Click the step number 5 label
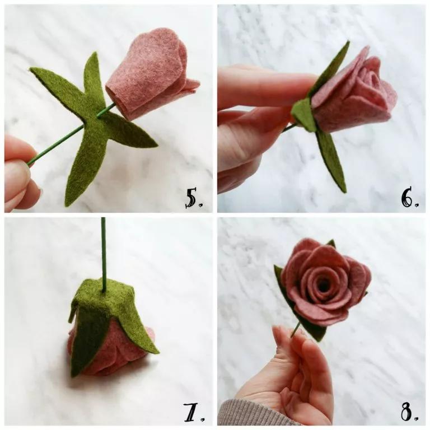(195, 197)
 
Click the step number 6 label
(409, 197)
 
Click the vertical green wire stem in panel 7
(104, 252)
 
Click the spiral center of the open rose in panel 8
(322, 283)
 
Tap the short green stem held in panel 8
(295, 330)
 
